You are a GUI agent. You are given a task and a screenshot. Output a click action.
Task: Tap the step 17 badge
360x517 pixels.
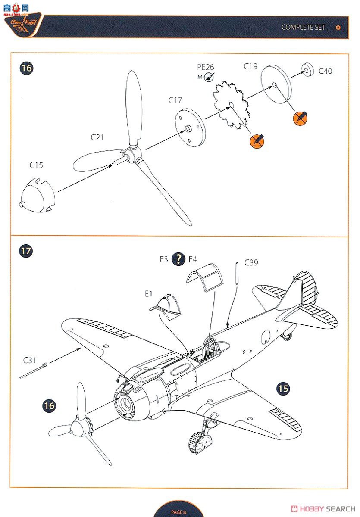(x=26, y=251)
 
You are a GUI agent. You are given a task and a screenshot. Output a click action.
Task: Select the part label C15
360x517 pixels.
(x=36, y=165)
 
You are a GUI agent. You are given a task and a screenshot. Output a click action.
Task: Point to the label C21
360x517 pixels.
(x=97, y=137)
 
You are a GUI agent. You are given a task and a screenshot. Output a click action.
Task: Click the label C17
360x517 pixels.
(x=175, y=100)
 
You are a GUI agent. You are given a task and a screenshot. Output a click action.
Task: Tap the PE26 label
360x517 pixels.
(x=206, y=67)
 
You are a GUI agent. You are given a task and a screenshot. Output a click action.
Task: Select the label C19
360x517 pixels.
(x=250, y=66)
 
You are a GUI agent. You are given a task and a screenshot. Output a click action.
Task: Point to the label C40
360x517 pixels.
(x=326, y=71)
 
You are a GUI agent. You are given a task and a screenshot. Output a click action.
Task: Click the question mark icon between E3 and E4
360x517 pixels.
(x=178, y=259)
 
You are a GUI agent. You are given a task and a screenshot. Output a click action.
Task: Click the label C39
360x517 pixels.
(x=251, y=262)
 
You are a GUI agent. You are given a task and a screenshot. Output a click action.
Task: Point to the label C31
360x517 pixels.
(x=30, y=360)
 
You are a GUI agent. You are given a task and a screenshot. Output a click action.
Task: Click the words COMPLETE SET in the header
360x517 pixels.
(x=304, y=27)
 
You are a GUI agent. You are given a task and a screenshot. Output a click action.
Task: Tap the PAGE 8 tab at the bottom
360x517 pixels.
(x=178, y=512)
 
